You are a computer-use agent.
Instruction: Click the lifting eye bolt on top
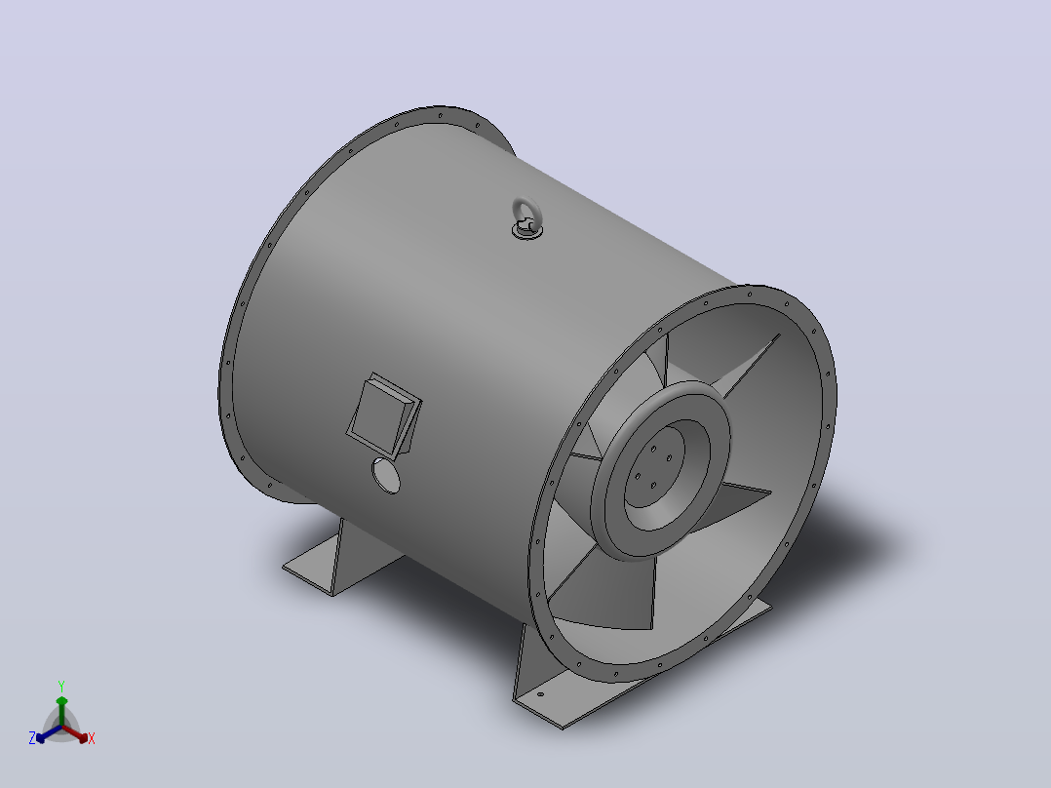click(526, 218)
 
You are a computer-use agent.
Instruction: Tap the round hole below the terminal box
click(386, 476)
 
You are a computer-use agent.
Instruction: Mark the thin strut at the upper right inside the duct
click(751, 365)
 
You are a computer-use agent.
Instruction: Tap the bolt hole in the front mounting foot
click(541, 694)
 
